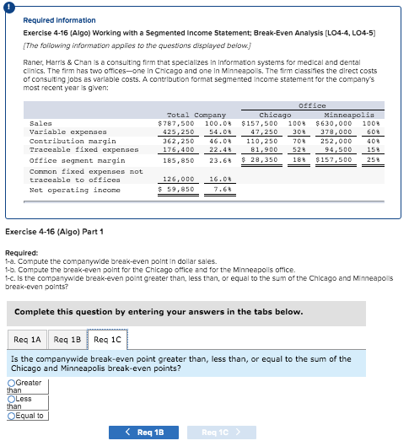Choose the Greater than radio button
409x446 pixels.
tap(12, 384)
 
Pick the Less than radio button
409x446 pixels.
tap(12, 400)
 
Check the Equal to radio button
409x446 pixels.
tap(12, 416)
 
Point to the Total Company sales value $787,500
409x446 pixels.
tap(178, 123)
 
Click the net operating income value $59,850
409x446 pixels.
tap(178, 190)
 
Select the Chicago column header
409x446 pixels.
tap(275, 115)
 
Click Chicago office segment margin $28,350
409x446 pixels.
tap(261, 158)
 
